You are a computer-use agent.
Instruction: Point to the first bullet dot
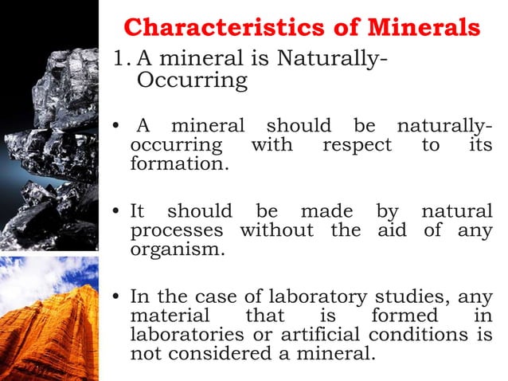point(117,126)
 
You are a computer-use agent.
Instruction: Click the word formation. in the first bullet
point(170,166)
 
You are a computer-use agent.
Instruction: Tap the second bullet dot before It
point(116,212)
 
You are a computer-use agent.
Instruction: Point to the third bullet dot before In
point(116,298)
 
